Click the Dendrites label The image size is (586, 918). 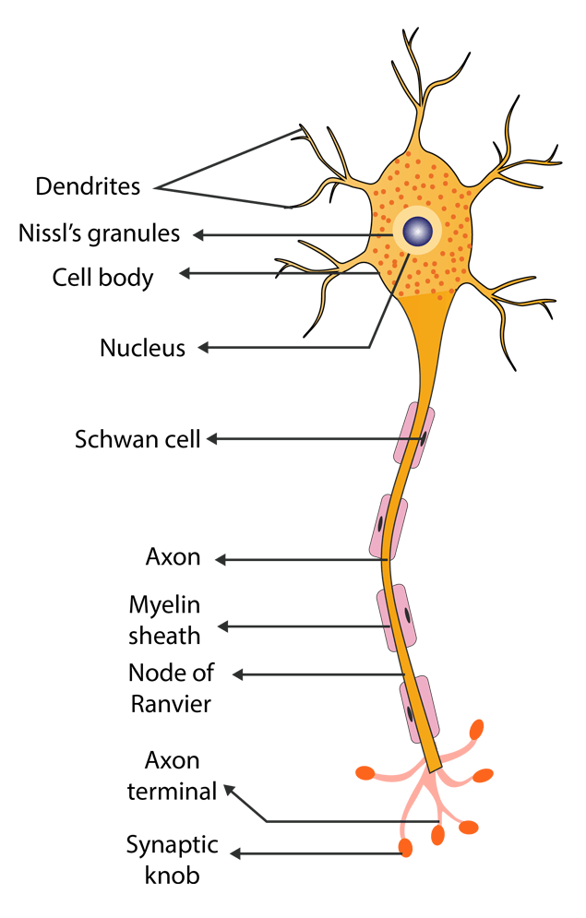tap(88, 186)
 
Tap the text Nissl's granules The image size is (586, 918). tap(99, 233)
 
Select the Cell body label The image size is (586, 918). tap(102, 278)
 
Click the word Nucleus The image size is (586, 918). tap(142, 348)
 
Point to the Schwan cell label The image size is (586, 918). tap(138, 439)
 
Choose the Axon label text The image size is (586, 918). tap(173, 556)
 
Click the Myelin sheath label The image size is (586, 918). tap(164, 620)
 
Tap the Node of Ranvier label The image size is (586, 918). tap(171, 688)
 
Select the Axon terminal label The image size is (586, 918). tap(173, 776)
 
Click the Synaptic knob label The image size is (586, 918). tap(173, 860)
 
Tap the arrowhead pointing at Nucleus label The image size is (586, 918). tap(204, 348)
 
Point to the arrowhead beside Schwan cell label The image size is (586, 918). tap(212, 439)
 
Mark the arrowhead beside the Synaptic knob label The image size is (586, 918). tap(235, 854)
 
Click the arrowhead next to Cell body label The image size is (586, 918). tap(185, 273)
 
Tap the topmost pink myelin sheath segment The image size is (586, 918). tap(413, 435)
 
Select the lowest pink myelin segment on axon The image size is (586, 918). tap(419, 709)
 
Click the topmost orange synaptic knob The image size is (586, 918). tap(476, 730)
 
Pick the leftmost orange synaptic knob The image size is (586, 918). tap(365, 773)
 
